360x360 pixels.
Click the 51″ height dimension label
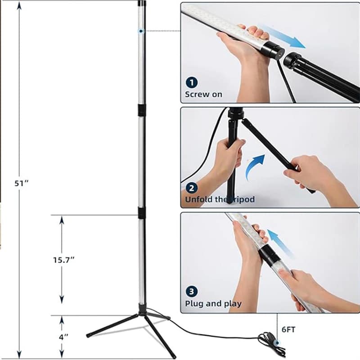point(21,183)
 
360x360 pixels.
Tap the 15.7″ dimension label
point(64,260)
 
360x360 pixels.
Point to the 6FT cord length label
point(288,330)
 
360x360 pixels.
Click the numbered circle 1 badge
point(192,82)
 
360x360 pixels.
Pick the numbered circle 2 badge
point(192,188)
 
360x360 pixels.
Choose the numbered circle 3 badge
point(192,292)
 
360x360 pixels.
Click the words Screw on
point(203,94)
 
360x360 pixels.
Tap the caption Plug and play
point(213,303)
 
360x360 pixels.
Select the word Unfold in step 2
point(198,199)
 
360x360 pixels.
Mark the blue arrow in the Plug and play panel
point(280,243)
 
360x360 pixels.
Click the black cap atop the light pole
point(142,3)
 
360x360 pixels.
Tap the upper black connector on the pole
point(142,110)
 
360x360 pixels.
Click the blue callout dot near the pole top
point(141,31)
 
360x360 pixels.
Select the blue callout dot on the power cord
point(277,343)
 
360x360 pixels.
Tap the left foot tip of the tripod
point(88,336)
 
